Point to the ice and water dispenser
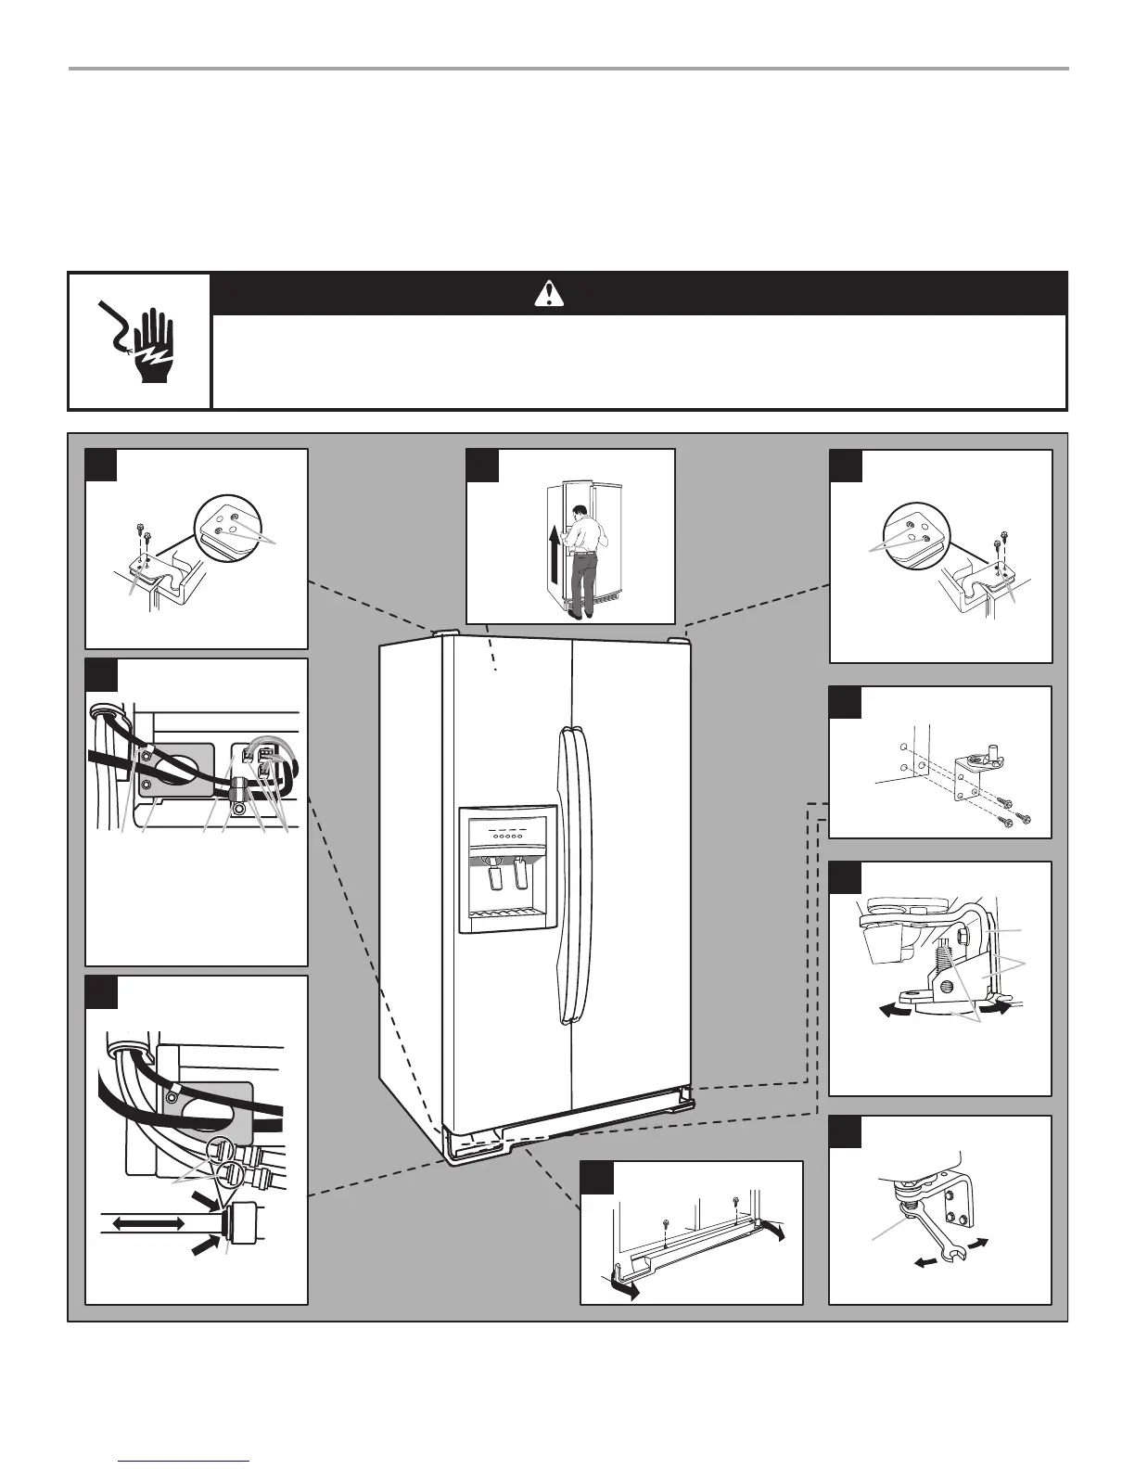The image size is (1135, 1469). [x=507, y=868]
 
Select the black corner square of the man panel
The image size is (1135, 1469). [x=482, y=466]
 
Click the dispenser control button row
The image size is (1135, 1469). [x=507, y=835]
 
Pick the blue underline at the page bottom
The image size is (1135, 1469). [x=185, y=1463]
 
